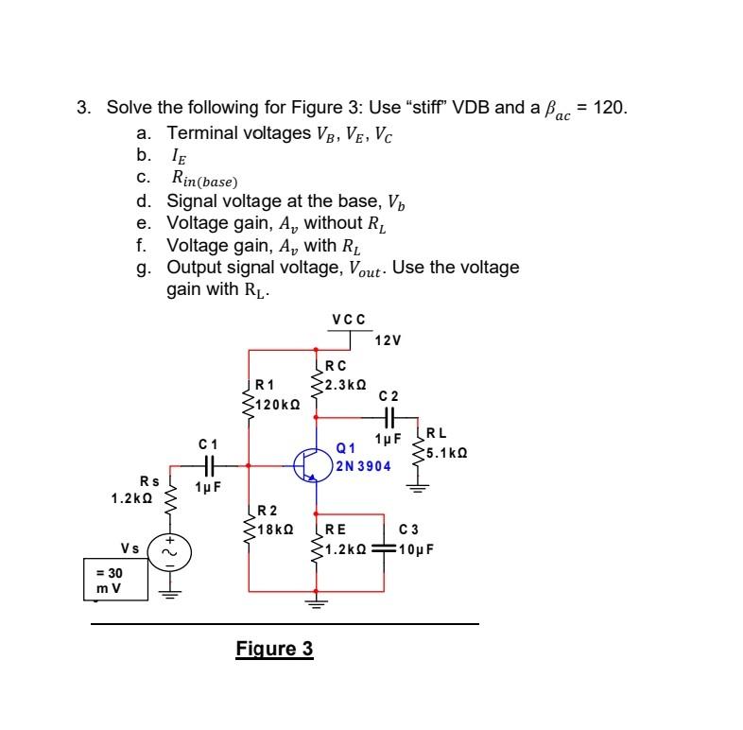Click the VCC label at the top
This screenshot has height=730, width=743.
(x=348, y=321)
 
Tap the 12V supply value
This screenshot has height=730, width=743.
(x=389, y=340)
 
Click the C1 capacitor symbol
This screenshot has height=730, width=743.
(x=209, y=465)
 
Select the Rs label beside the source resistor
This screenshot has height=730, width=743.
(x=148, y=480)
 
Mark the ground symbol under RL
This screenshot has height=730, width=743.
(x=417, y=489)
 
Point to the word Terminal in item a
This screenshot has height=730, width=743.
(x=199, y=131)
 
